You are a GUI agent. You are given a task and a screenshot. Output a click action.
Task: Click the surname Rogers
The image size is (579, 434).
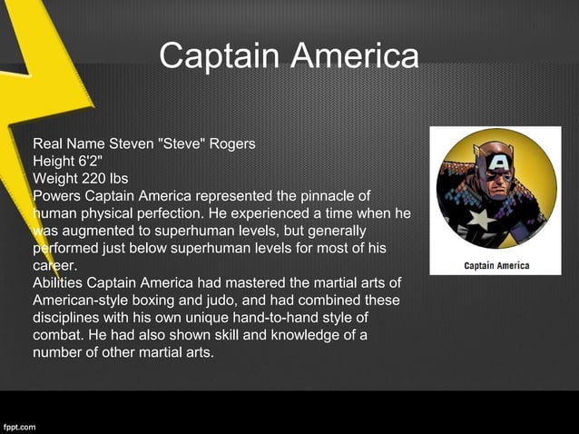tap(231, 144)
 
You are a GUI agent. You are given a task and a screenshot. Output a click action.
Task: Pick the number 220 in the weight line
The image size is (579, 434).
tap(94, 178)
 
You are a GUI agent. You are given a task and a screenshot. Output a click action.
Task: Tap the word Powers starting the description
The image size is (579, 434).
tap(55, 195)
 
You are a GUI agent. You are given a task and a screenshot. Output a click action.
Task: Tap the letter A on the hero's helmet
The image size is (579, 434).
tap(497, 162)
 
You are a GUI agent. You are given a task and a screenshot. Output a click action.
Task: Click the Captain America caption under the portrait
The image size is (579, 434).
tap(496, 266)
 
